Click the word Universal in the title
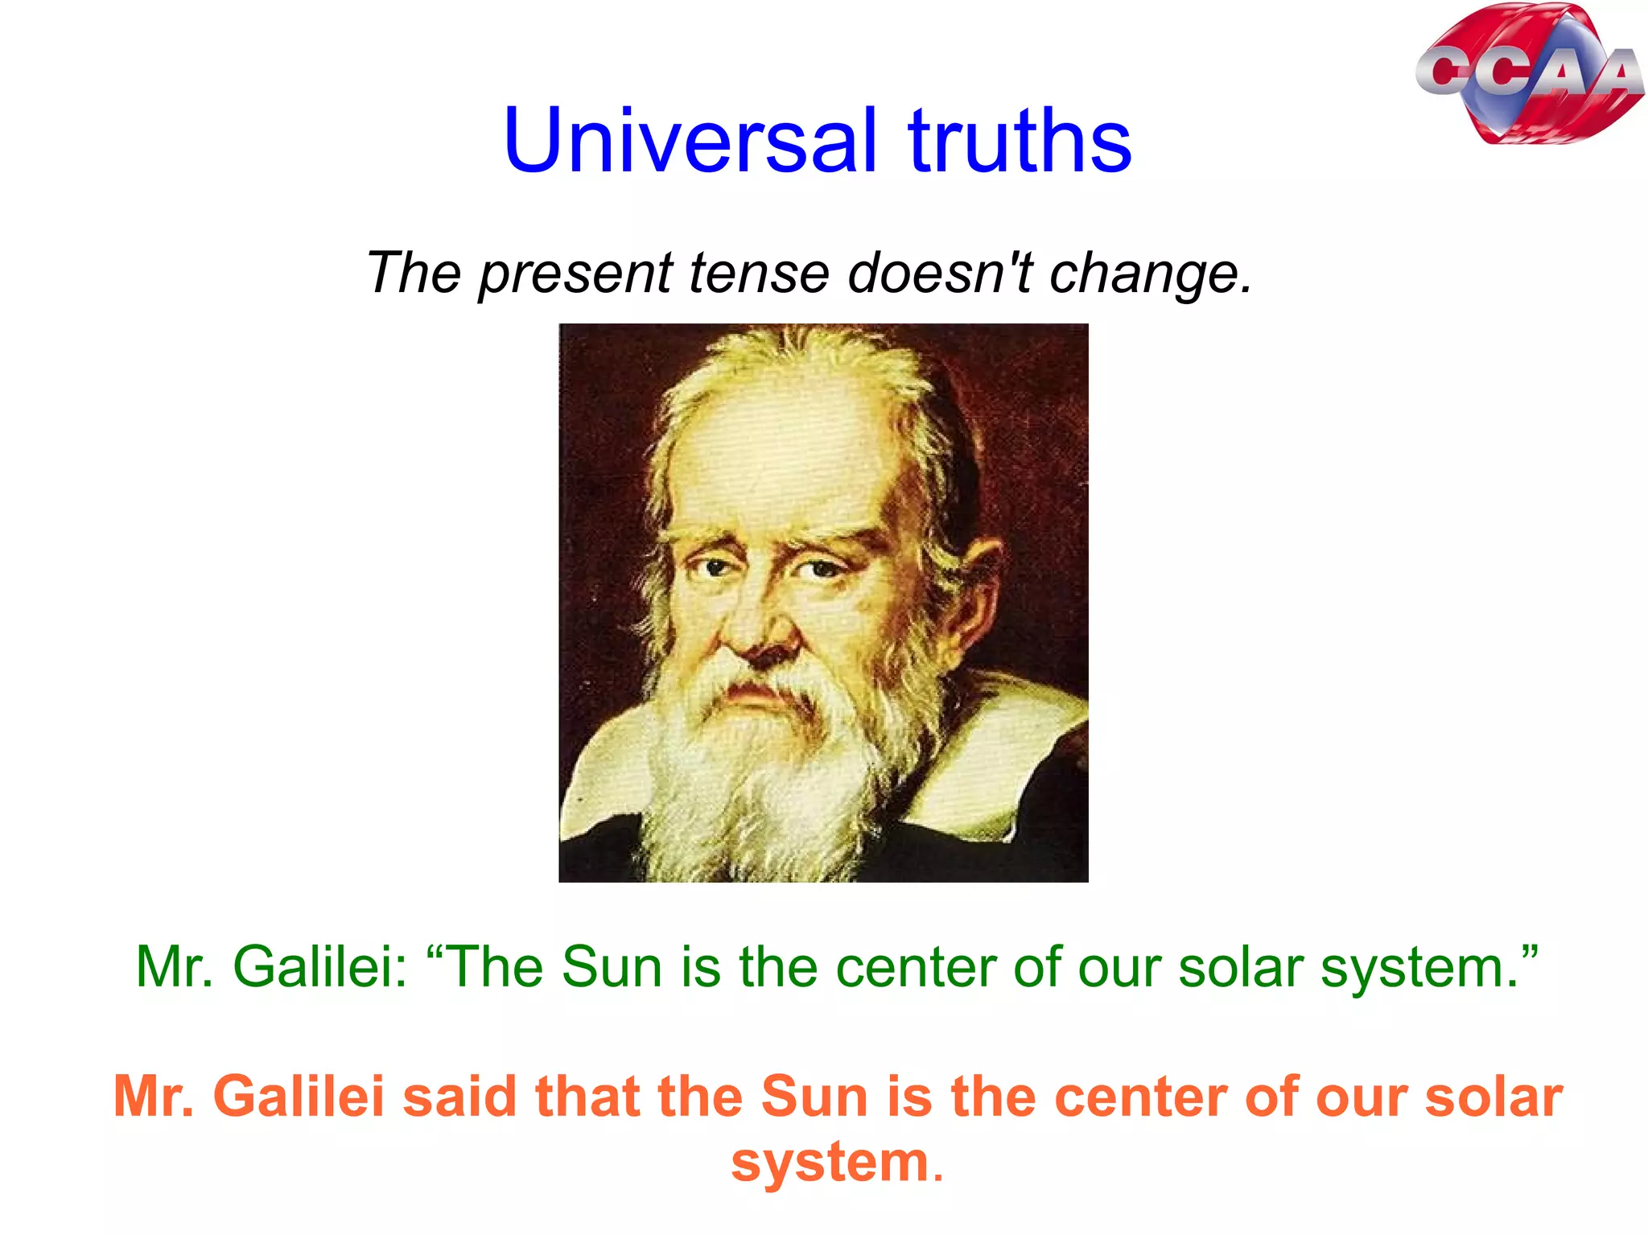[x=690, y=141]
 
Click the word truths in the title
[x=1020, y=141]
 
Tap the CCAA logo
[x=1529, y=74]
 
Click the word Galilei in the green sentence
[x=319, y=966]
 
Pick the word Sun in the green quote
[x=611, y=966]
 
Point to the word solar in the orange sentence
[x=1493, y=1097]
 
